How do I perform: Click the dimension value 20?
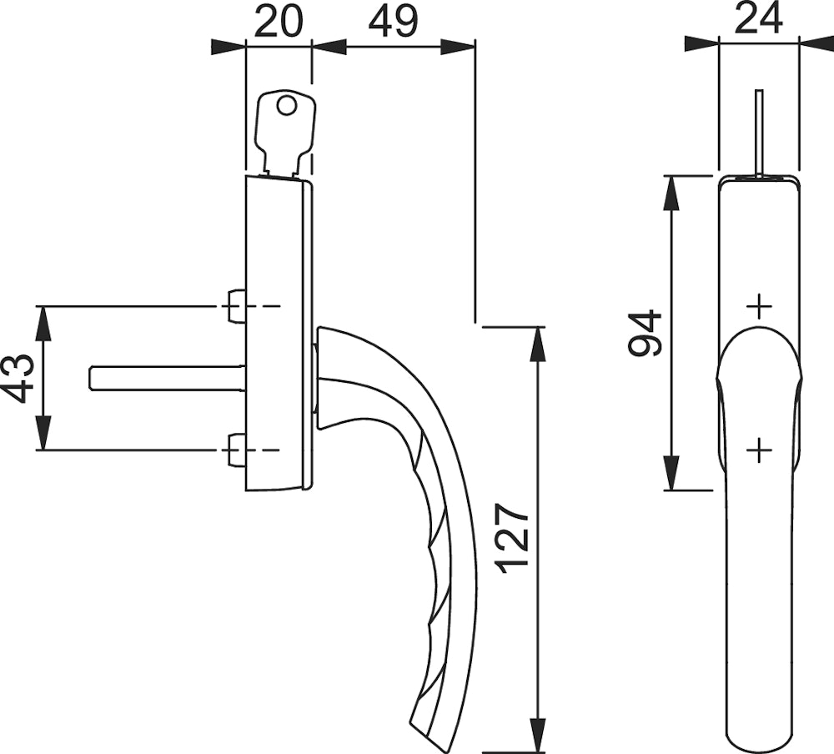[x=279, y=22]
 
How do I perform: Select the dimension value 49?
[x=394, y=22]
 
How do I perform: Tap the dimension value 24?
[x=757, y=18]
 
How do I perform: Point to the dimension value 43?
[x=19, y=379]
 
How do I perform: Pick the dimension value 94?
[x=645, y=333]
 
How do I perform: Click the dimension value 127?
[x=513, y=540]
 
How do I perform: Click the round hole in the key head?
[x=286, y=105]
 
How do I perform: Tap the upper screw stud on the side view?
[x=237, y=306]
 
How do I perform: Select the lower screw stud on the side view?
[x=237, y=450]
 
